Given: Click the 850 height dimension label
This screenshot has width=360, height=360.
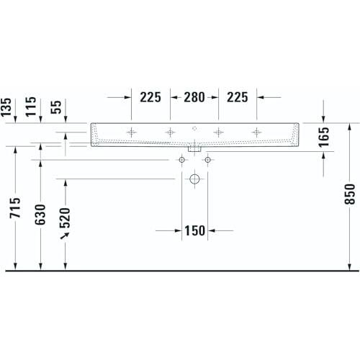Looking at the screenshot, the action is [x=349, y=194].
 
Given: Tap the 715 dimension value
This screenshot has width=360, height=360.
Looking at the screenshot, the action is [x=15, y=207].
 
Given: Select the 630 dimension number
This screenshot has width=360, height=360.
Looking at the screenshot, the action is [x=40, y=215].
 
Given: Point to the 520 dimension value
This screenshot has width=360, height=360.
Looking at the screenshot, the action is [x=65, y=217].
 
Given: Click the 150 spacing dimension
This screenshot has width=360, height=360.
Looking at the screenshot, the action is [x=194, y=230].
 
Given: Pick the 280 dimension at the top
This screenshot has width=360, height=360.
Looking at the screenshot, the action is [x=194, y=97].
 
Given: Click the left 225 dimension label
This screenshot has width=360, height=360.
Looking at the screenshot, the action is [x=150, y=97].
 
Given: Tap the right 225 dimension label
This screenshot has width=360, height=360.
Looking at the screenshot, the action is [x=238, y=97].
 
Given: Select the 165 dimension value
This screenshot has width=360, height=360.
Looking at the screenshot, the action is [x=323, y=137].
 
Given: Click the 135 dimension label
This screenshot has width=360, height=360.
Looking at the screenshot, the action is [x=6, y=107].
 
